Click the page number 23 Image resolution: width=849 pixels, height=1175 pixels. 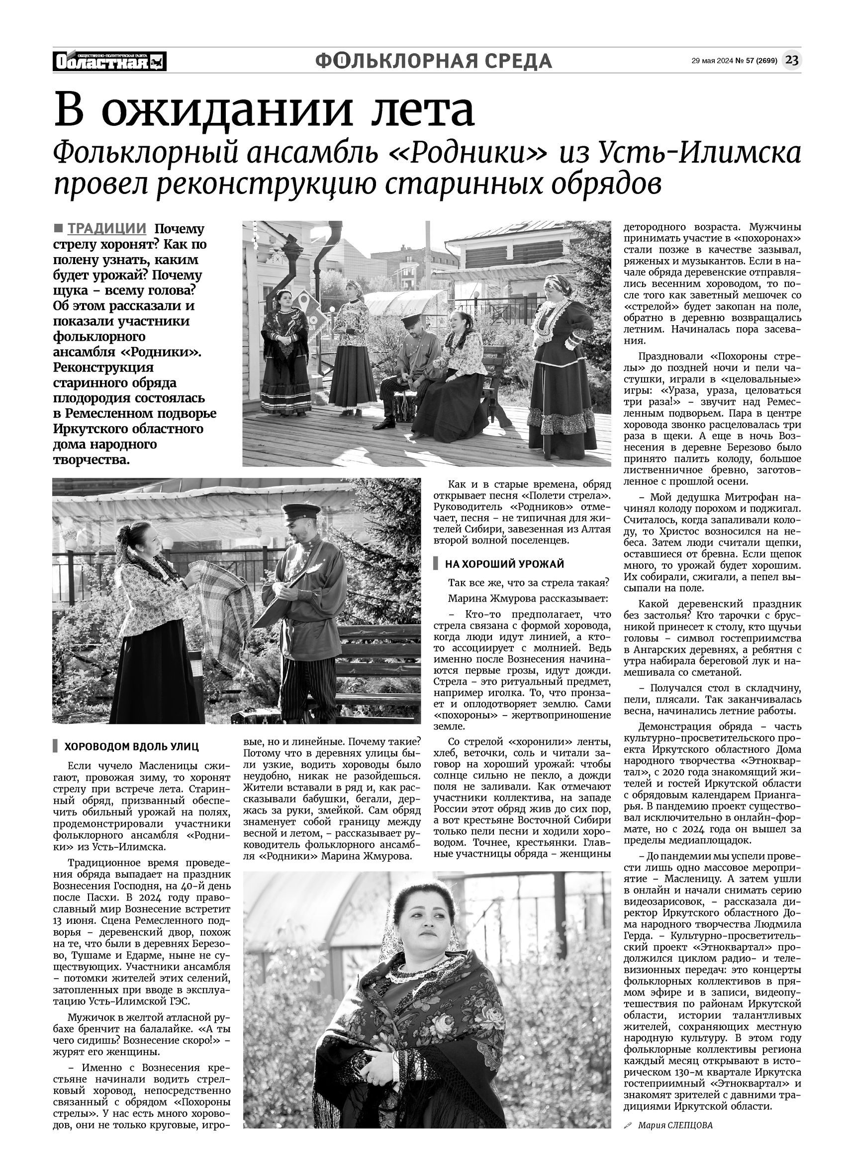791,61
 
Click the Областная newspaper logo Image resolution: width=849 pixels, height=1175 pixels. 109,62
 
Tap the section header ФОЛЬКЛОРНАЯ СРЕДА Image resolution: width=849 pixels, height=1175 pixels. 433,61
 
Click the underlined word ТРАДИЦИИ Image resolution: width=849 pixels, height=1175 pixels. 107,228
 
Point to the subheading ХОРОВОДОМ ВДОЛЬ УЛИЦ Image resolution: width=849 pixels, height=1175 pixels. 131,746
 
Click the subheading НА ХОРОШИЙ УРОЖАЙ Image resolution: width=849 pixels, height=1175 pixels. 504,564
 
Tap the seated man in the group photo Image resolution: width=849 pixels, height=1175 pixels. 409,362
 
